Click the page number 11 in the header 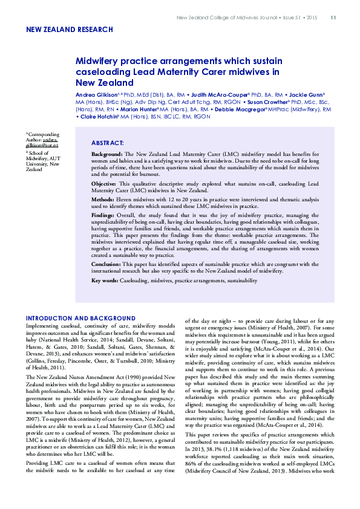tap(333, 17)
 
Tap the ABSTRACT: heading tap(107, 143)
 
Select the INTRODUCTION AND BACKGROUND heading tap(80, 318)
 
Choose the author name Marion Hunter tap(136, 109)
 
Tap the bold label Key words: tap(105, 281)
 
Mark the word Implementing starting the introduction tap(42, 325)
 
